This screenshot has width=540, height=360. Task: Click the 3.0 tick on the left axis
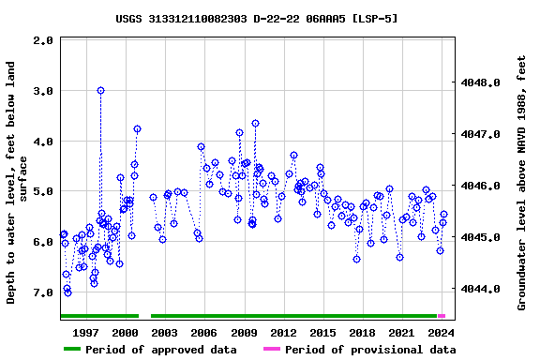[68, 91]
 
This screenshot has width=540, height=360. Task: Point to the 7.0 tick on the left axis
[68, 292]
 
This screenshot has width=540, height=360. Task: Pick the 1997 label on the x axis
[86, 333]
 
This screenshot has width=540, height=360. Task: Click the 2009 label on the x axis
[244, 333]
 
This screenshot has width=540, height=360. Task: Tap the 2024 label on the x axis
[441, 333]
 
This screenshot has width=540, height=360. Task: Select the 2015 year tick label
[322, 333]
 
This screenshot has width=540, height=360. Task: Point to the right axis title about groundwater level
[522, 182]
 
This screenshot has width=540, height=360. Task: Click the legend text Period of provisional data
[370, 350]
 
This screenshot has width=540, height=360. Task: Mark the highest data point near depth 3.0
[100, 91]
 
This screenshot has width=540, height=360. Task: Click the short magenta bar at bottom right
[442, 316]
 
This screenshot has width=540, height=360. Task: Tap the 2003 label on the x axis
[165, 333]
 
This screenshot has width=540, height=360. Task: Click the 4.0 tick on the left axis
[68, 142]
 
